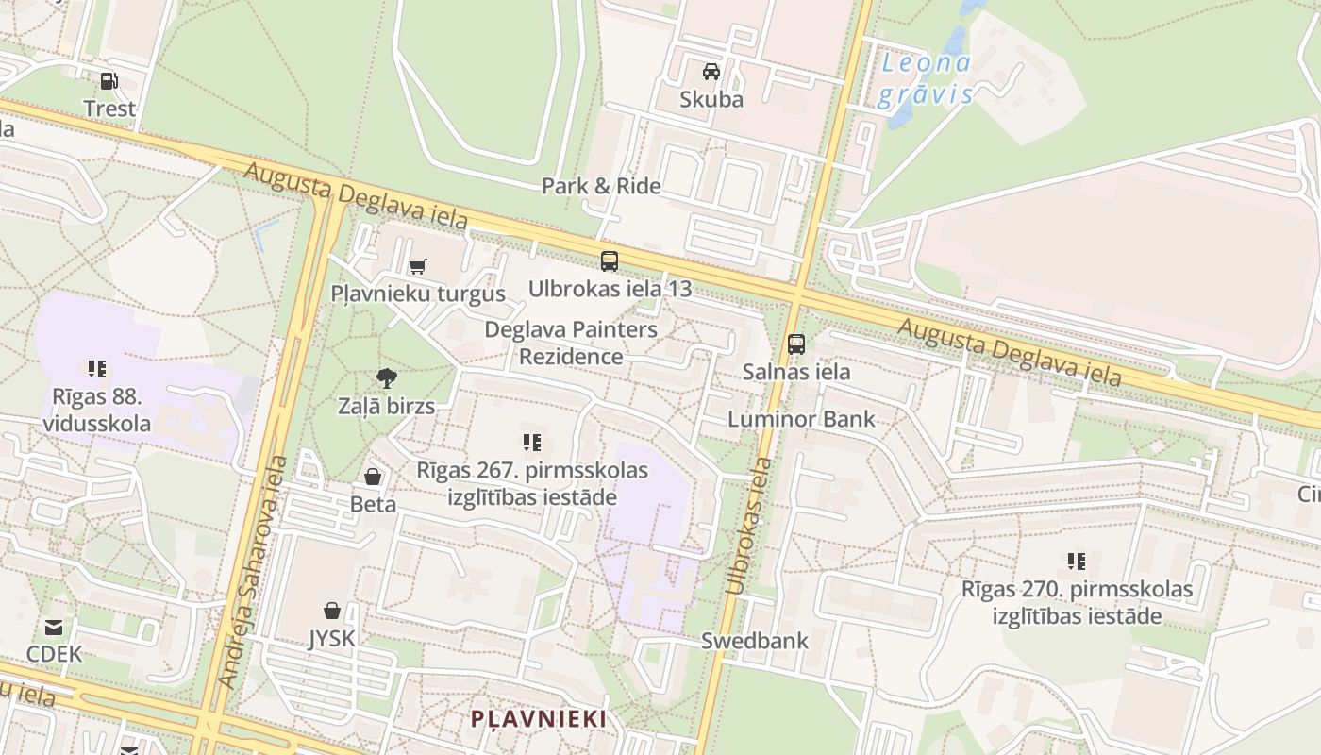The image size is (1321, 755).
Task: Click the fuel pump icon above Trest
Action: point(109,81)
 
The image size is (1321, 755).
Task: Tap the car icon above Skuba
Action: point(711,71)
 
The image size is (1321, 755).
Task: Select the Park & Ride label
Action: point(601,186)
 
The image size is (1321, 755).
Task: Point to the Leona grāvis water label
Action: point(926,79)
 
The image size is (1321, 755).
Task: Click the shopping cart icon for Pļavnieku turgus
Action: point(417,266)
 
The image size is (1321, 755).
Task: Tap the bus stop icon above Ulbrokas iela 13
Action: point(610,261)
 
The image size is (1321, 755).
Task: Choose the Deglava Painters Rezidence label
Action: point(571,343)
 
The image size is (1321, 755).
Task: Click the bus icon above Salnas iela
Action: point(796,344)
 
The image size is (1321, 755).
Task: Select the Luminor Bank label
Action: point(801,419)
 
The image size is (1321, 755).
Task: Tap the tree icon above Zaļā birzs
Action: point(386,379)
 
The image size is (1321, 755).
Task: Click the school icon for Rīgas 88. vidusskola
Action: point(96,368)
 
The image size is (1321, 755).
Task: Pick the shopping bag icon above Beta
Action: point(373,477)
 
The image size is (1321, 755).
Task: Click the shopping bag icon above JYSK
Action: point(332,611)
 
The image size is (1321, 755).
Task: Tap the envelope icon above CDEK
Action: point(54,627)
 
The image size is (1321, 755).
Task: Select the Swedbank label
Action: point(754,641)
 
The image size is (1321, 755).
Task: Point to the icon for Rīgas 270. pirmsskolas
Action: point(1076,562)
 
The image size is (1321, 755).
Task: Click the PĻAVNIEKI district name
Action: point(539,718)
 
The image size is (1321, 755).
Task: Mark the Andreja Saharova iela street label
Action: point(254,572)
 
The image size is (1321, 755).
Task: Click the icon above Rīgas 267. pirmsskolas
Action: point(532,442)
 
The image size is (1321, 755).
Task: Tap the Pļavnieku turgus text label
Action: point(418,294)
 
